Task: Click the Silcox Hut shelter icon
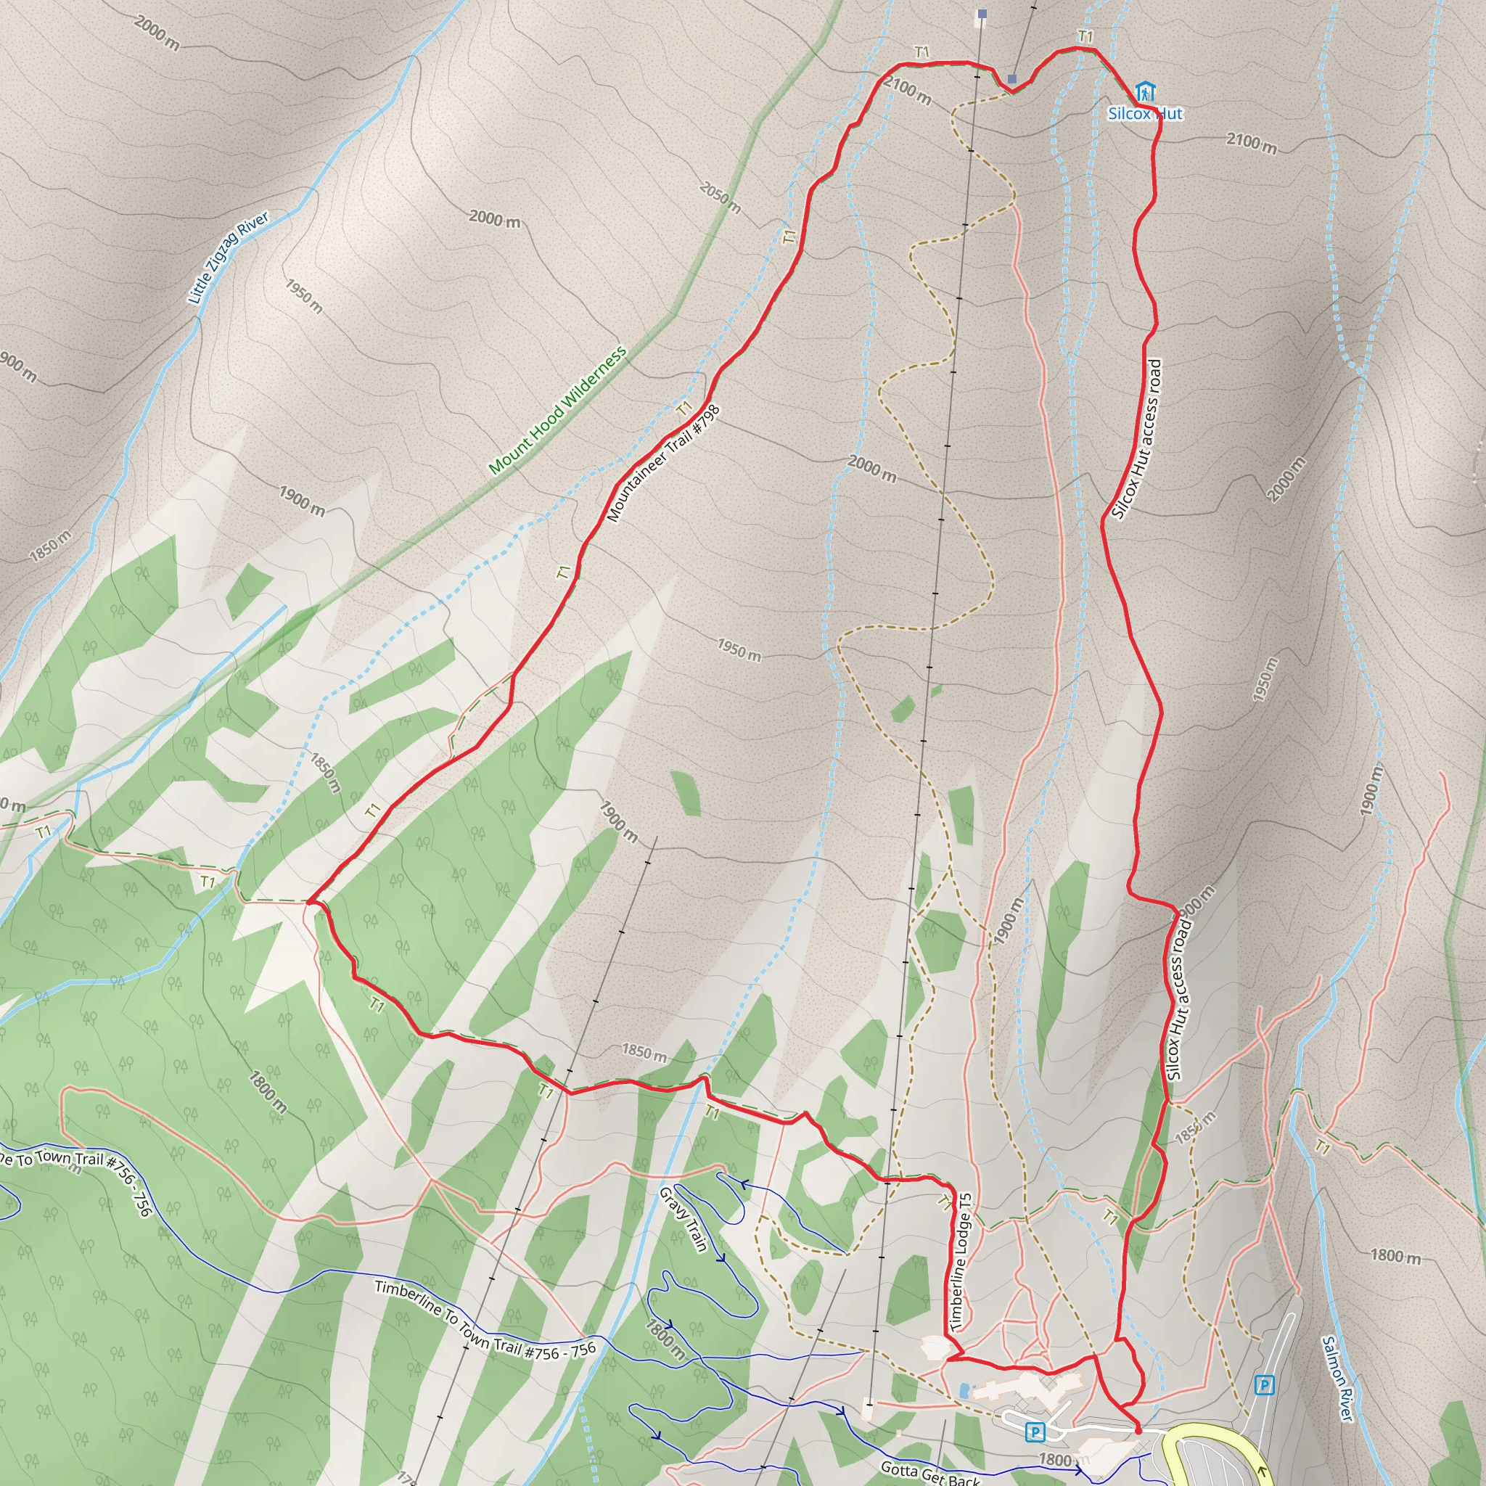[1145, 91]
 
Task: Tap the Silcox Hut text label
[1144, 114]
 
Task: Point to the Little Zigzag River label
[229, 258]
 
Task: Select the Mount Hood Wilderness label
[558, 410]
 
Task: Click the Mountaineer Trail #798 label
[662, 464]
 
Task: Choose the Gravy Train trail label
[683, 1220]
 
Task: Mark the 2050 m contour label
[720, 197]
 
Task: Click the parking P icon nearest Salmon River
[1264, 1386]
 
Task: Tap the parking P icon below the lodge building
[1035, 1432]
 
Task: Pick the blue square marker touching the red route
[1012, 79]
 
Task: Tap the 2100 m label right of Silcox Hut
[1252, 143]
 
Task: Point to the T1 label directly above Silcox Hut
[1085, 36]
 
